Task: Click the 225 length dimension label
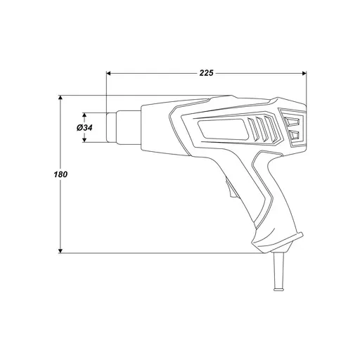(206, 73)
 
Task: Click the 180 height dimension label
(60, 174)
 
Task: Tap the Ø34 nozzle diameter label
(84, 128)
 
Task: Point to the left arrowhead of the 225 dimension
(108, 73)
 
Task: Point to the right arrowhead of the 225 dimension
(304, 73)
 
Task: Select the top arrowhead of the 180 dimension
(60, 98)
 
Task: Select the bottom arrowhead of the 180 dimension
(60, 251)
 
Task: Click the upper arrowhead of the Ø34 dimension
(84, 115)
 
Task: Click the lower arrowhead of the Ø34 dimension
(84, 140)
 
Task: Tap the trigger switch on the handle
(231, 189)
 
